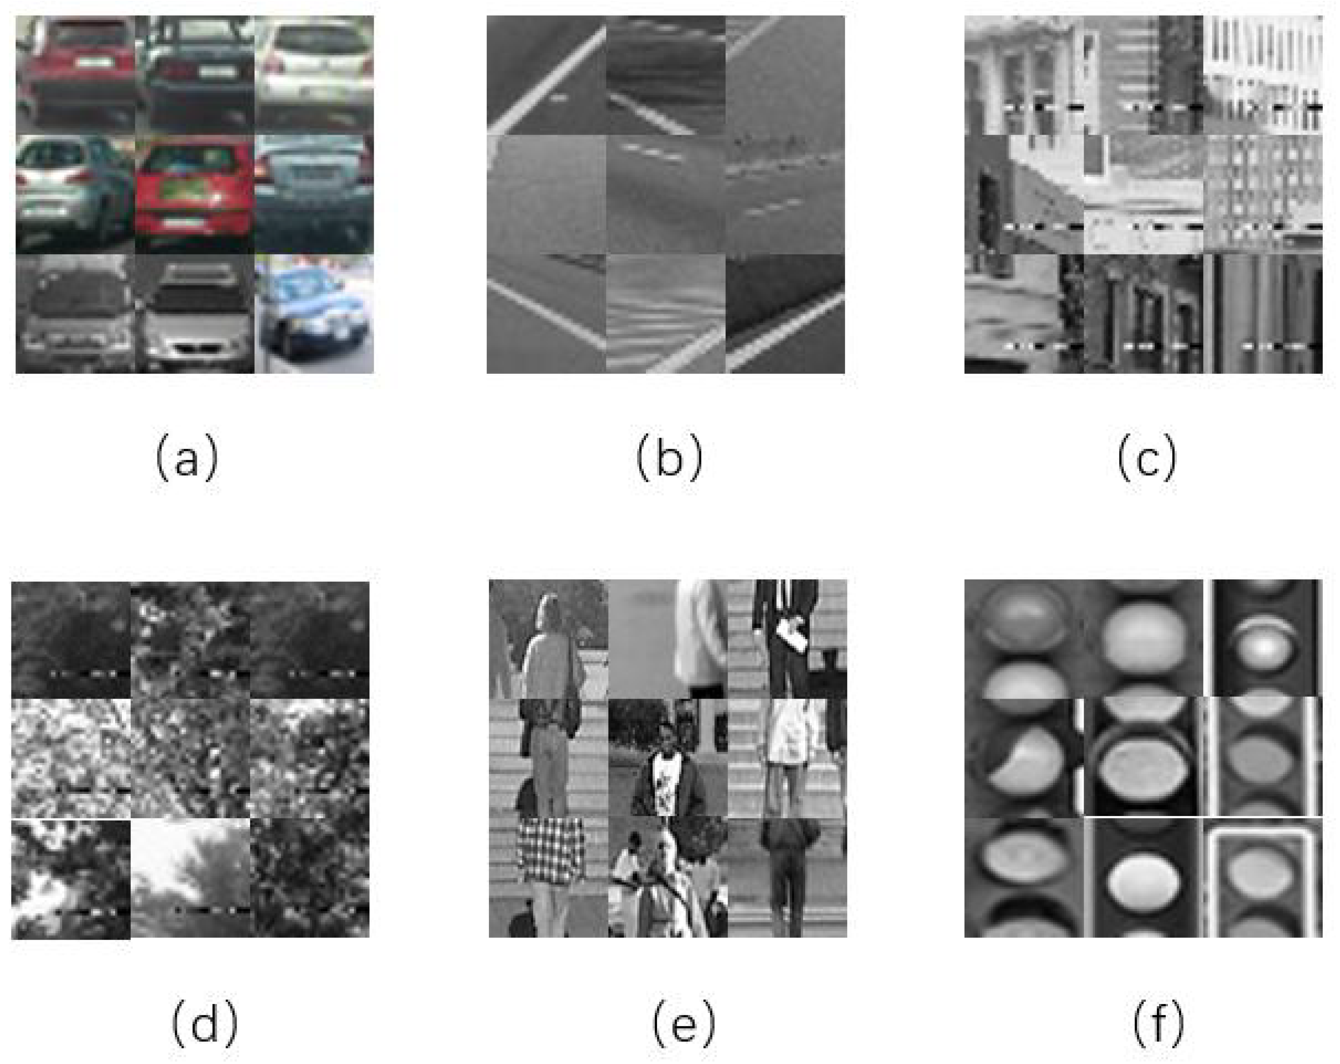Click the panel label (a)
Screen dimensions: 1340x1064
click(x=187, y=458)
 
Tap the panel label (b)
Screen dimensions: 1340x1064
click(x=669, y=458)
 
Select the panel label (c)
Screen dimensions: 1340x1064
click(x=1146, y=458)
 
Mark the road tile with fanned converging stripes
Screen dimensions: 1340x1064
click(x=665, y=314)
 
